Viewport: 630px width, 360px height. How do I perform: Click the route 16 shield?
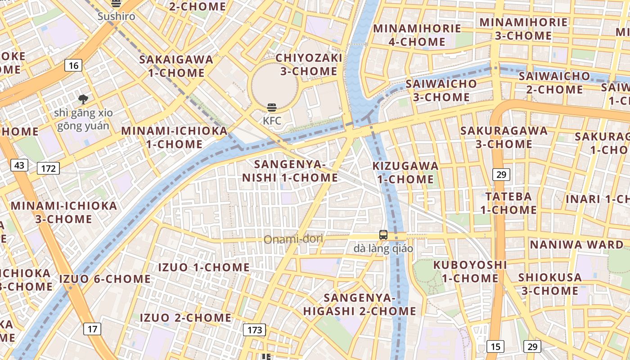click(x=74, y=66)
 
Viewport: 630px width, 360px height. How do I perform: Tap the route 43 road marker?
click(x=19, y=166)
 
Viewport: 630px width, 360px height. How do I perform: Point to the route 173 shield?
click(x=255, y=330)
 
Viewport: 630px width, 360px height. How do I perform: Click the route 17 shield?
click(x=92, y=329)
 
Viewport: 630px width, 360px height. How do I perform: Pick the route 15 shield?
click(x=495, y=346)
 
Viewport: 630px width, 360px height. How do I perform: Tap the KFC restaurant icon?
click(x=272, y=107)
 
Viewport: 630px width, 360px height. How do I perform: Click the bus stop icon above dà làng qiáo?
click(x=383, y=234)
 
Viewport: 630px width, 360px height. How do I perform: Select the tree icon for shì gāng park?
click(x=83, y=99)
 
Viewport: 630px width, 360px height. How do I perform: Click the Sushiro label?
click(x=117, y=17)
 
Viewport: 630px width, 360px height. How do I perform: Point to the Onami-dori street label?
click(x=293, y=239)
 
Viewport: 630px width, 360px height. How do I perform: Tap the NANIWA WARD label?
click(x=576, y=245)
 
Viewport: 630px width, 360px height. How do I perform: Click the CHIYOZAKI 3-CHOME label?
click(x=309, y=64)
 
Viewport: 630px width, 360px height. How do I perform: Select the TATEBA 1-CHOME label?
click(x=508, y=203)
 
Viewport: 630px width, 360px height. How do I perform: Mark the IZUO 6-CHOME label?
click(x=105, y=279)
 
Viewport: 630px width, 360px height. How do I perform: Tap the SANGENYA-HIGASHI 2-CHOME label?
click(x=360, y=304)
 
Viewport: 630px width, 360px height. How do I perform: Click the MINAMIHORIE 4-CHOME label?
click(x=417, y=35)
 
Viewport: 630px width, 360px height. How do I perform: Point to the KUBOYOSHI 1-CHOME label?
click(x=470, y=271)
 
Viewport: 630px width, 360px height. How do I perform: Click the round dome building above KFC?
click(x=274, y=85)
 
